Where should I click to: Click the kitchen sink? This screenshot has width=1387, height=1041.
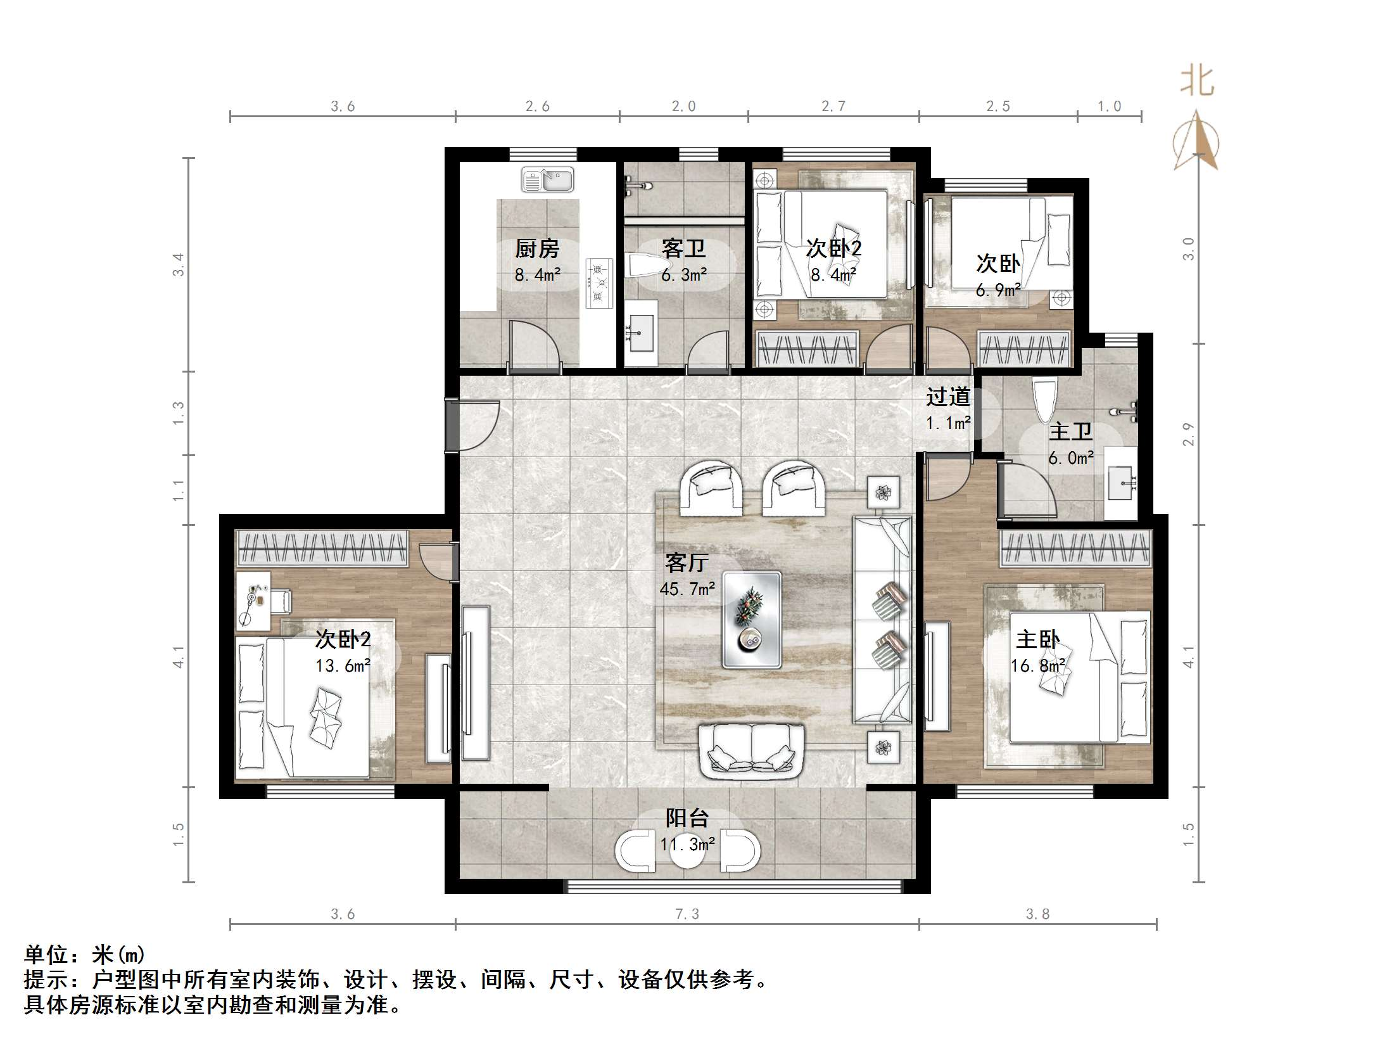[547, 180]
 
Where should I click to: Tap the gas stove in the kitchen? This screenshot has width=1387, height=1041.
[600, 283]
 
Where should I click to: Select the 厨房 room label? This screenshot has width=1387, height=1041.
[537, 249]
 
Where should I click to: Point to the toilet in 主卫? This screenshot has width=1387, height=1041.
[1044, 399]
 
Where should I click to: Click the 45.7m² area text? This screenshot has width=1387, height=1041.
[687, 589]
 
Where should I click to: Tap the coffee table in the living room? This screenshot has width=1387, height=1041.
[752, 620]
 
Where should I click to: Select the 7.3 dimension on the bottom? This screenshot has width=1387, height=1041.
[687, 914]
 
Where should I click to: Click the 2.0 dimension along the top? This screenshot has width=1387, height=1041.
[683, 106]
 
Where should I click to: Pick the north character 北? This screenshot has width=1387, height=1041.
[1196, 82]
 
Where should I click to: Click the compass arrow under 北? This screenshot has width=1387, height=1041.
[1196, 141]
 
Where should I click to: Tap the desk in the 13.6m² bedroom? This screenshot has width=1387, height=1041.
[253, 601]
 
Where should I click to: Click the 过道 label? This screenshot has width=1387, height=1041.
[948, 397]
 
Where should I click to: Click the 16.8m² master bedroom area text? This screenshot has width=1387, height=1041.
[1037, 666]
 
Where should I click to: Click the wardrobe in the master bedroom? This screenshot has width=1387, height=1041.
[1075, 549]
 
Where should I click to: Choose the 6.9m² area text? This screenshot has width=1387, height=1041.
[997, 291]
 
